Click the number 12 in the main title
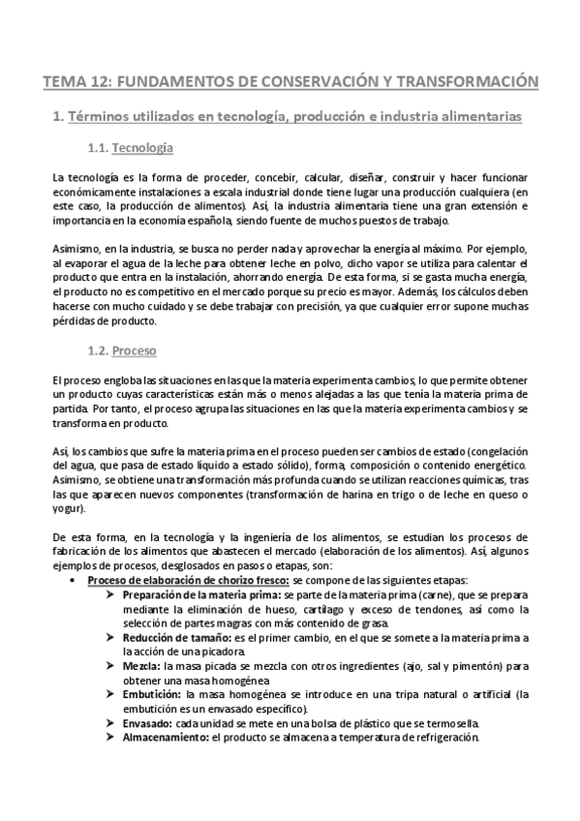[100, 82]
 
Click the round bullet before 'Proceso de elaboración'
[74, 581]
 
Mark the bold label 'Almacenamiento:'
[168, 738]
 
